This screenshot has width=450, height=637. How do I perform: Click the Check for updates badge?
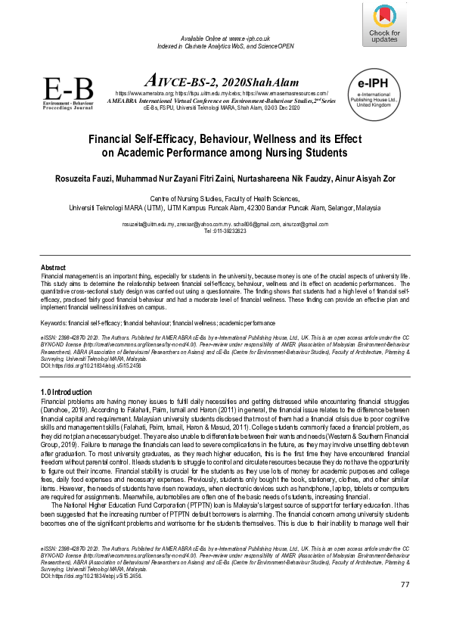tap(383, 24)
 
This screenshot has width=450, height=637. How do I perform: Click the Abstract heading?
tap(52, 269)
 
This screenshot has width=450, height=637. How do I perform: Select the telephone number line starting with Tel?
tap(225, 231)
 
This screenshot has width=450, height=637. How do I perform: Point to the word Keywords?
tap(53, 324)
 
